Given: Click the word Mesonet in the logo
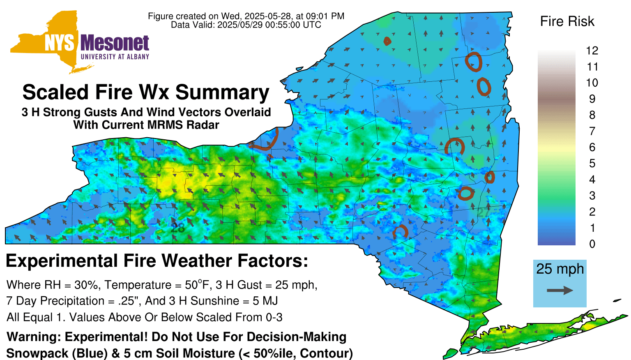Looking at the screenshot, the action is (115, 43).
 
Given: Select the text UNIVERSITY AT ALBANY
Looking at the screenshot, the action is (115, 57).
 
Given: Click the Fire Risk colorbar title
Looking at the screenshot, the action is (567, 21).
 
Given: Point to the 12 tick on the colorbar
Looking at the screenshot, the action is (592, 51).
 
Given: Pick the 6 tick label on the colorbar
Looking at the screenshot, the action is (592, 147).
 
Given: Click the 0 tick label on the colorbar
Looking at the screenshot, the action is (592, 244).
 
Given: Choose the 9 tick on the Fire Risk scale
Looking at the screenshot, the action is (592, 99).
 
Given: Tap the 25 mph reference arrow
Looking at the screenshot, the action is (560, 291).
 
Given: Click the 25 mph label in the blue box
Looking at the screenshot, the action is (560, 269).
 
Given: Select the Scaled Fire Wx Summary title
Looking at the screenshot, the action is (146, 92).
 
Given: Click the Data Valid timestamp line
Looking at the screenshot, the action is (246, 25).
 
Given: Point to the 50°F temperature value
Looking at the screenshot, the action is (196, 285).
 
